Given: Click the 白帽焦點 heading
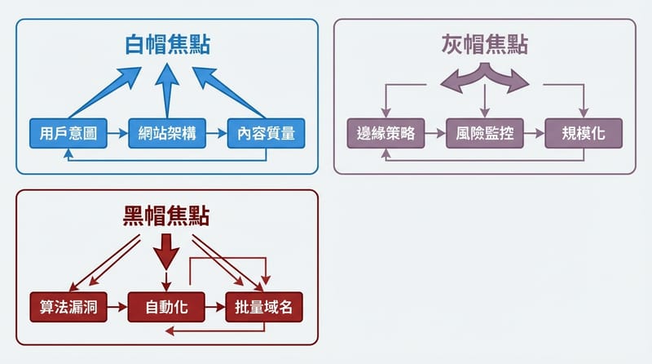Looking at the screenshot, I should pos(168,46).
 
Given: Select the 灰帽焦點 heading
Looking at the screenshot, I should pos(486,45).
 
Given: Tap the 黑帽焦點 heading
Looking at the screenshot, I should pos(166,215).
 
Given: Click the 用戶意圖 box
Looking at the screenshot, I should pos(68,133).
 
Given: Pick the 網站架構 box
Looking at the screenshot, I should pos(167,133).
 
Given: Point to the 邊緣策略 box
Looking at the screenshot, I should pos(386,133).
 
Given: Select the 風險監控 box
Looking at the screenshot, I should pos(485,133).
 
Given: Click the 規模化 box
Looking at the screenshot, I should pos(584,133).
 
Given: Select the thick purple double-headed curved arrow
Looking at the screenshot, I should pos(486,78).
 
